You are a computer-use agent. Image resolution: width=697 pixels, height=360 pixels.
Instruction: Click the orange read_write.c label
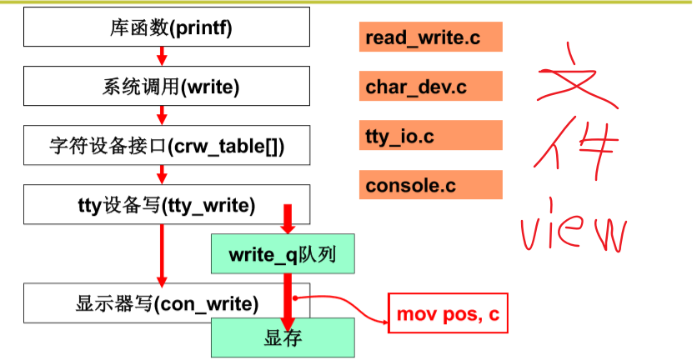tap(431, 37)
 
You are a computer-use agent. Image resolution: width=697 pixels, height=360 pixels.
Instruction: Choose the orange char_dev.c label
tap(431, 87)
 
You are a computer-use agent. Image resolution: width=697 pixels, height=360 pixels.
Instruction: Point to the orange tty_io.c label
tap(431, 136)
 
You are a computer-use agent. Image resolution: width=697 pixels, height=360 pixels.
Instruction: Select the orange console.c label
tap(431, 185)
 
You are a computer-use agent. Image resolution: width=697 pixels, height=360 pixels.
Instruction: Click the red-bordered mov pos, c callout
tap(448, 314)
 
